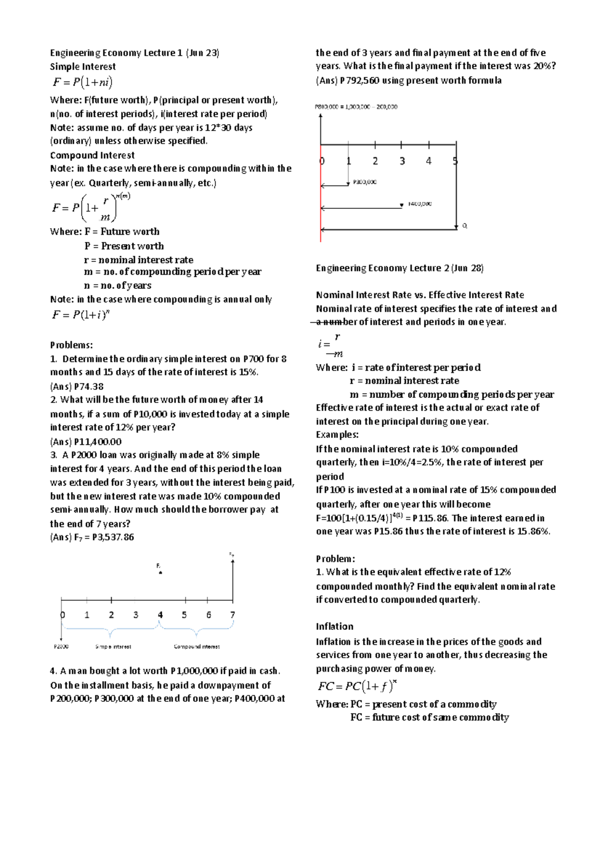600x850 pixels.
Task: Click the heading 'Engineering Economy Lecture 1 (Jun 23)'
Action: [x=134, y=53]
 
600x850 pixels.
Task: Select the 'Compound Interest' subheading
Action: [x=92, y=155]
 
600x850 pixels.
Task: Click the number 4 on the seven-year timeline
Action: [x=160, y=615]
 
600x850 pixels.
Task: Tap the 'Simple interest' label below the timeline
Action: [x=113, y=647]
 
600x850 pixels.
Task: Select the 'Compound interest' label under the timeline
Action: [x=196, y=647]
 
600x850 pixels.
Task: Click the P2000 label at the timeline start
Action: [x=61, y=647]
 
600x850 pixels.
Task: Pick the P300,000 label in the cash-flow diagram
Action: [x=364, y=183]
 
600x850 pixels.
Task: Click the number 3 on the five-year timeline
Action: [x=401, y=161]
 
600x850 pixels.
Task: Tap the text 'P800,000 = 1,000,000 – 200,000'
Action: [x=355, y=107]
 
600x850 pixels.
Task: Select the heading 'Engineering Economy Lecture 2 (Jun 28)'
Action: [x=399, y=268]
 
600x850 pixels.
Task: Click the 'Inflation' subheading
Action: [x=334, y=627]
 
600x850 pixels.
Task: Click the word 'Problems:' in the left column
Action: [x=71, y=345]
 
